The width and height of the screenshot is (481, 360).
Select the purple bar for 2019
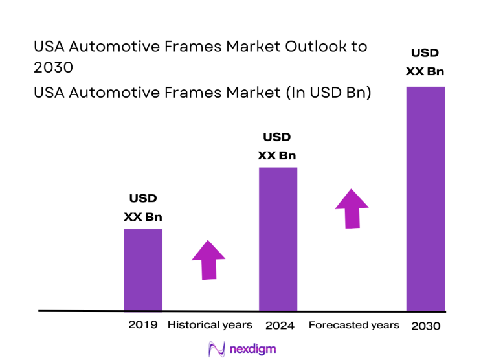click(142, 269)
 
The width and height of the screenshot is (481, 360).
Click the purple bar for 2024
click(278, 239)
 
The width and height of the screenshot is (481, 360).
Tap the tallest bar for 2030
click(425, 198)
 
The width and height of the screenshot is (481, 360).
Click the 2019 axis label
click(142, 324)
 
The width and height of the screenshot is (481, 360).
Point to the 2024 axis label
click(280, 325)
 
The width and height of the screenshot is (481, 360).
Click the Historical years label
click(210, 324)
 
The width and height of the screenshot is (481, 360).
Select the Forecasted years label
click(353, 324)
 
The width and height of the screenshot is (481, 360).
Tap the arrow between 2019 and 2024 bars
click(208, 260)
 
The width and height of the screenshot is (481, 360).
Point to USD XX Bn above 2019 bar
click(143, 208)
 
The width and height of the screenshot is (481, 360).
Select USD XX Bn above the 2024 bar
click(277, 146)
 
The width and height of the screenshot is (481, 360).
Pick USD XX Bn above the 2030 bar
click(425, 62)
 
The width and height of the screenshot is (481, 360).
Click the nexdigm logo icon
click(216, 349)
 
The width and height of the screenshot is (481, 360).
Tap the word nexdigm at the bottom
click(252, 349)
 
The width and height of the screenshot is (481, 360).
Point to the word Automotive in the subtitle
click(113, 93)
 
